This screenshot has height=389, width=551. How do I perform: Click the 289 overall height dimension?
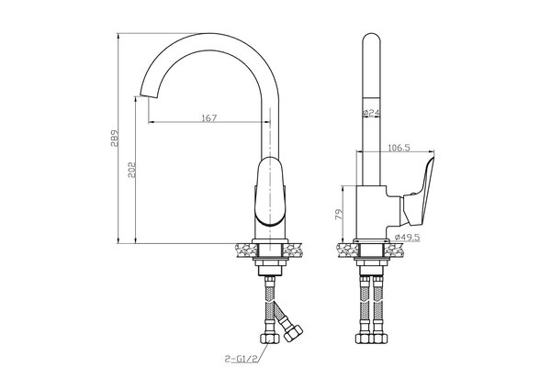pos(115,138)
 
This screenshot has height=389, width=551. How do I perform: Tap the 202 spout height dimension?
pos(132,170)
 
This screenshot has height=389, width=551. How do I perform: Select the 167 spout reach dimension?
pos(209,118)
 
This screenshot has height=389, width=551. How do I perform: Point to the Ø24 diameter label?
pos(371,113)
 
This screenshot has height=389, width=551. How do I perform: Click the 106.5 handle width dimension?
pos(399,148)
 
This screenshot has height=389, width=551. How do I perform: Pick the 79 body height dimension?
pos(339,214)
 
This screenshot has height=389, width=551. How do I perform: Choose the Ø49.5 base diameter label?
pos(407,238)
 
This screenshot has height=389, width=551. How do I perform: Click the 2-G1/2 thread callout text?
pos(242,359)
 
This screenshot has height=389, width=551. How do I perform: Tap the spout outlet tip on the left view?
pos(148,94)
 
